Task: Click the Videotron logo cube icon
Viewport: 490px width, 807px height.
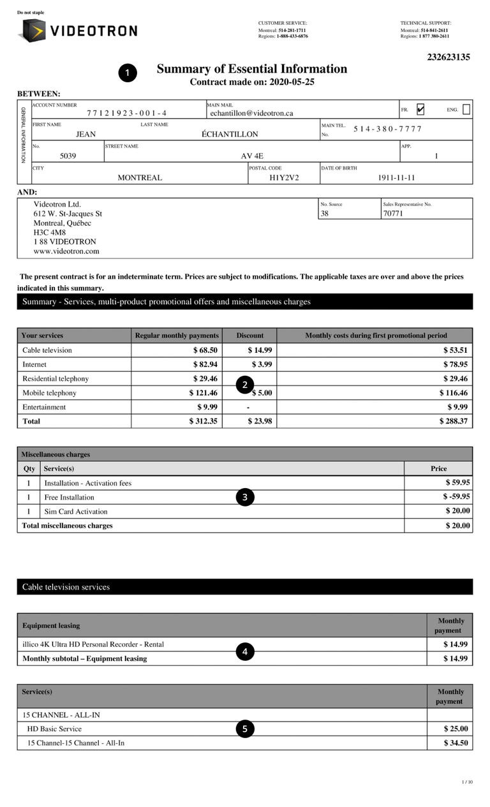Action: pyautogui.click(x=32, y=30)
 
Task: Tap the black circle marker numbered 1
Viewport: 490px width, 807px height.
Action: pyautogui.click(x=128, y=73)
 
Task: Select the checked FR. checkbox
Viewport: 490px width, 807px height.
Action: pyautogui.click(x=420, y=110)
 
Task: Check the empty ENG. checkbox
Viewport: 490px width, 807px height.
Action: pyautogui.click(x=466, y=110)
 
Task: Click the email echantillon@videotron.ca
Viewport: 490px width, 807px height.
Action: pyautogui.click(x=251, y=113)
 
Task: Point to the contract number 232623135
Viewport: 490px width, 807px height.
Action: pyautogui.click(x=449, y=57)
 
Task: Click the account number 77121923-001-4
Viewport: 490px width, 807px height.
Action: pyautogui.click(x=127, y=113)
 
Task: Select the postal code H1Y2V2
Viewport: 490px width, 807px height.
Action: pyautogui.click(x=284, y=178)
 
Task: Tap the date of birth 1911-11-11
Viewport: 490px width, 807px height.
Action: pyautogui.click(x=396, y=178)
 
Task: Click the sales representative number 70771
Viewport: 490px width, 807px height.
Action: pyautogui.click(x=393, y=214)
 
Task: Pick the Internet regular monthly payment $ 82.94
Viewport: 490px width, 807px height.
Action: pyautogui.click(x=205, y=364)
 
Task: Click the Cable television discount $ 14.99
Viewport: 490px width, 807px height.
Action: pyautogui.click(x=260, y=350)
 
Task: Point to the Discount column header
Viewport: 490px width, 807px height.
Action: pyautogui.click(x=249, y=336)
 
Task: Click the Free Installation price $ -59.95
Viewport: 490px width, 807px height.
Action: pyautogui.click(x=456, y=496)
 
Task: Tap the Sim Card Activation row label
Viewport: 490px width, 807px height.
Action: pyautogui.click(x=76, y=512)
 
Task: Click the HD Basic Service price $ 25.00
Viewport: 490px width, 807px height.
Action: pyautogui.click(x=456, y=729)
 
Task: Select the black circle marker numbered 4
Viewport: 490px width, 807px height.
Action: pyautogui.click(x=245, y=651)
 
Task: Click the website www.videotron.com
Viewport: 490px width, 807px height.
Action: pyautogui.click(x=66, y=251)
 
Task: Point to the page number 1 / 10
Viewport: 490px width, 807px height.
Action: pyautogui.click(x=467, y=782)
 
